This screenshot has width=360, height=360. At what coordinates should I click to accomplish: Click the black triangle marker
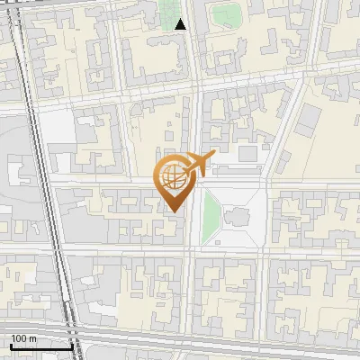(x=181, y=25)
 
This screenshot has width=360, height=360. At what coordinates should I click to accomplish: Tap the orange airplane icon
(x=199, y=164)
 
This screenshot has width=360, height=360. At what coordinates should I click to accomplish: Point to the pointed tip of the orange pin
(x=173, y=212)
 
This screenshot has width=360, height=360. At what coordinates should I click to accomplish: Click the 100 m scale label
(x=23, y=338)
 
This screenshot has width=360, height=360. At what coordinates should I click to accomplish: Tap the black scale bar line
(x=41, y=346)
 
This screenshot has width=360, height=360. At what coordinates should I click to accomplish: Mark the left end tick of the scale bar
(x=11, y=345)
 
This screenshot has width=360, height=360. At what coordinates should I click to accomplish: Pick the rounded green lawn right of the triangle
(x=227, y=15)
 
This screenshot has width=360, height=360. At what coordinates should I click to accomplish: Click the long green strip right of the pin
(x=211, y=217)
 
